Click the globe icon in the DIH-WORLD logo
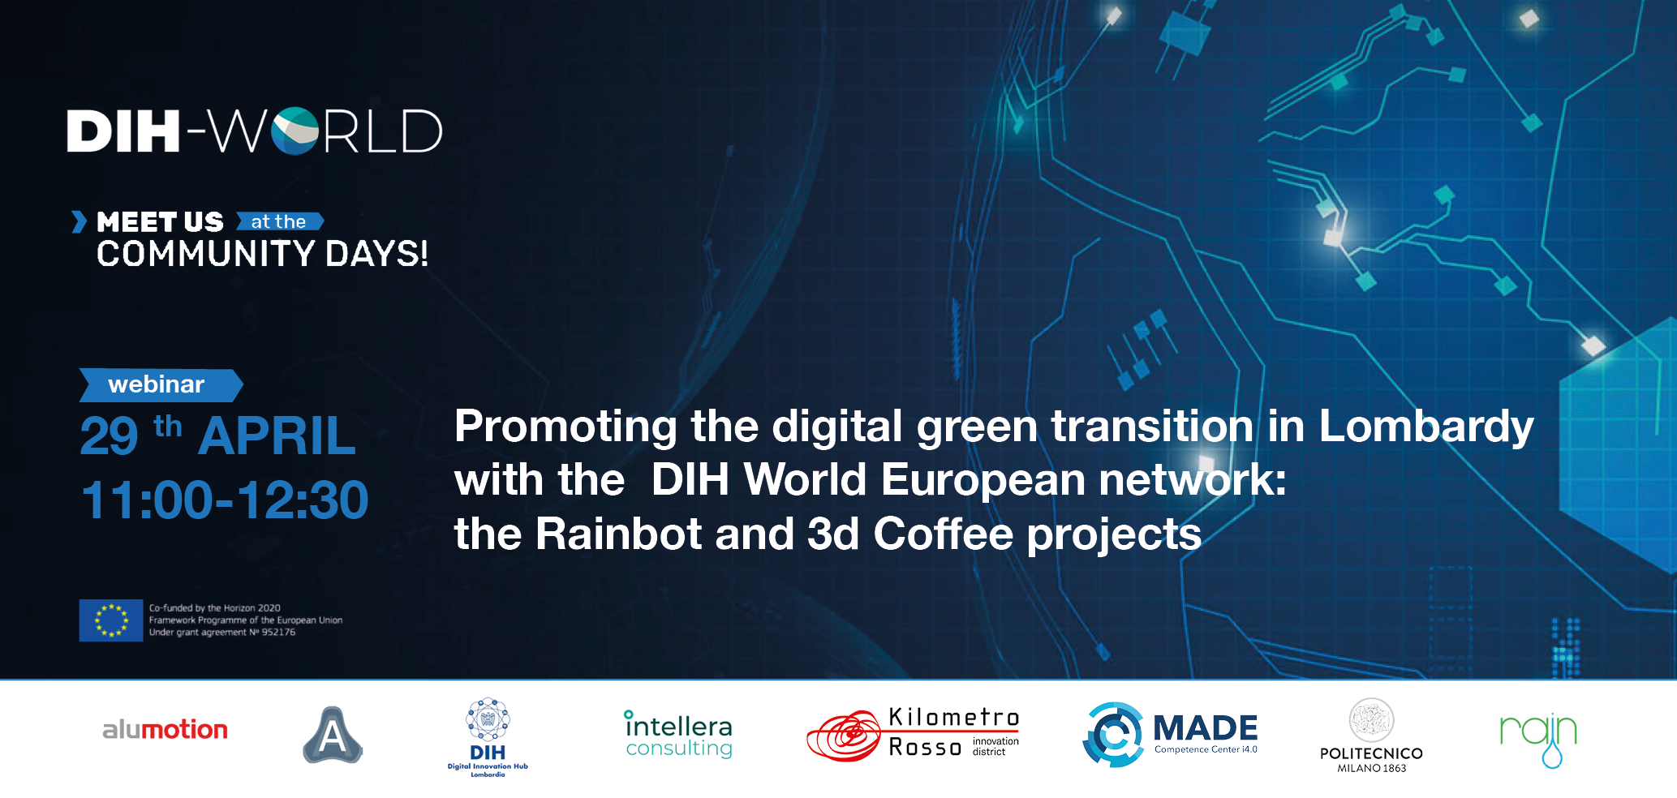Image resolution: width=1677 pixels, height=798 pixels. pos(295,131)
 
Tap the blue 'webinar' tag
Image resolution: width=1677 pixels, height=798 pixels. pos(161,385)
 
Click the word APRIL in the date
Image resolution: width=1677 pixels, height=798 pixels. pos(277,436)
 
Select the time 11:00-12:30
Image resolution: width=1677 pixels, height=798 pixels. pos(225,500)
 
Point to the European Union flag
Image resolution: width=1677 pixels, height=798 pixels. pos(111,620)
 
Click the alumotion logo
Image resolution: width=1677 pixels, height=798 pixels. pos(165,730)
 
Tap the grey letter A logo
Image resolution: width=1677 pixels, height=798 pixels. pos(333,735)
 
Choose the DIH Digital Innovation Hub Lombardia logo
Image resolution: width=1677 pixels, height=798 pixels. pos(488,737)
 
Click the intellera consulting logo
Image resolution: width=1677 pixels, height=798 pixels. pos(678,735)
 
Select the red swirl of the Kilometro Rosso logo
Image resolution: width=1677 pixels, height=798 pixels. pos(844,736)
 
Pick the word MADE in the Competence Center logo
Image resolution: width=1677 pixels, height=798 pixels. pos(1205,727)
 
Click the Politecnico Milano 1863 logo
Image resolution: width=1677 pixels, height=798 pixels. pos(1371,736)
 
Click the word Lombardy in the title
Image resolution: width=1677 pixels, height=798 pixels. pos(1426,427)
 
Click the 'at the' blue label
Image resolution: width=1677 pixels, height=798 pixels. pos(280,221)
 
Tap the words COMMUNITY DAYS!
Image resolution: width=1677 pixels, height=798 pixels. pos(262,254)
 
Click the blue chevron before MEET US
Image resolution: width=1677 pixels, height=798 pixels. pos(79,221)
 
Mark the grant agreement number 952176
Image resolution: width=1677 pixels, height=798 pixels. pos(278,633)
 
